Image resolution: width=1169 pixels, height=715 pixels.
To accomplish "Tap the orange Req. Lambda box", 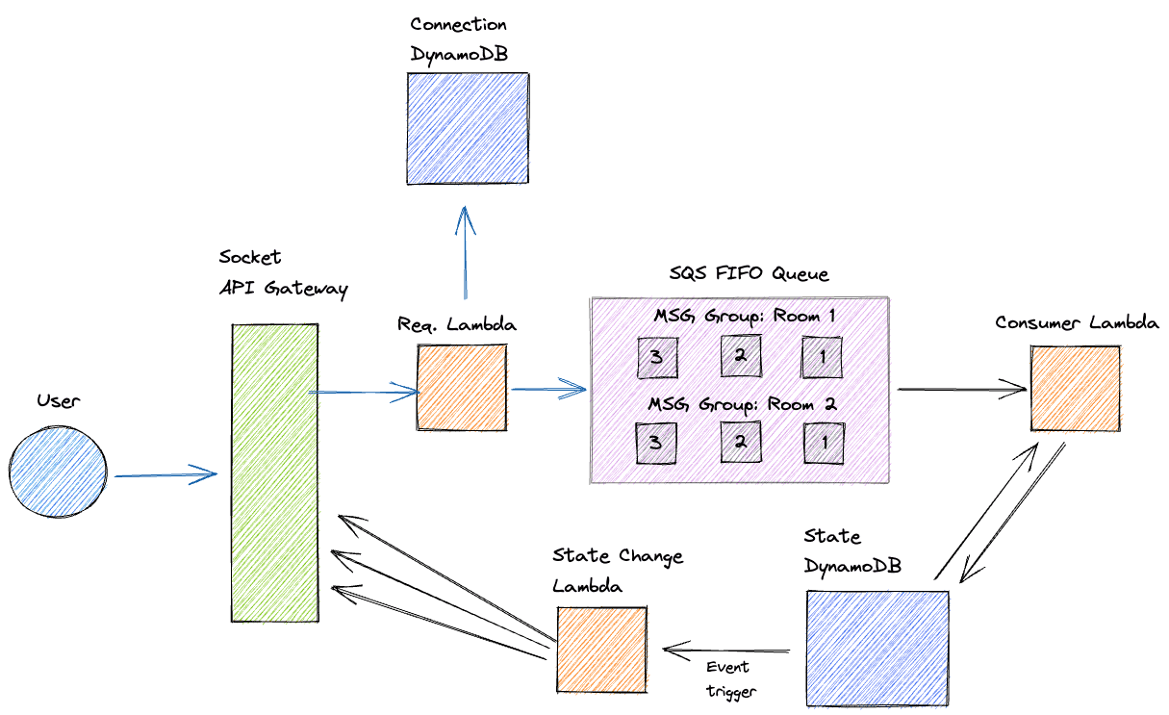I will click(462, 387).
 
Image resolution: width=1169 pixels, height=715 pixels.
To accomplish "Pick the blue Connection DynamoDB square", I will click(467, 128).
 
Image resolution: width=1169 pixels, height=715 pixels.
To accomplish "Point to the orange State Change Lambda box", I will click(601, 649).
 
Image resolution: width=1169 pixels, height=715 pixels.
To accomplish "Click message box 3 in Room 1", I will click(656, 357).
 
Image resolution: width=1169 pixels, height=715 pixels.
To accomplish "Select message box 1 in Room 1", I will click(822, 357).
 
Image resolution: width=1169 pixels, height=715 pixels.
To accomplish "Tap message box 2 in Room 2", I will click(741, 442).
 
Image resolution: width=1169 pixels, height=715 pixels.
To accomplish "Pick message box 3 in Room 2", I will click(656, 442).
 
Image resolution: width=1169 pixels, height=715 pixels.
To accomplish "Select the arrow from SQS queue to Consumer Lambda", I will click(962, 390).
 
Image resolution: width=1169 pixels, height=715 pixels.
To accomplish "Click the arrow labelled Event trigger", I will click(727, 651).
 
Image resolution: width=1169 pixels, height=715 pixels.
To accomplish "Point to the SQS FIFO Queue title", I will click(750, 274).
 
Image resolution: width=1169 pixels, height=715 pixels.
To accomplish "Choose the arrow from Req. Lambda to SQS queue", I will click(548, 390).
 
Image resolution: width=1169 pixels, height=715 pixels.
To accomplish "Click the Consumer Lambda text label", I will click(1077, 323).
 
